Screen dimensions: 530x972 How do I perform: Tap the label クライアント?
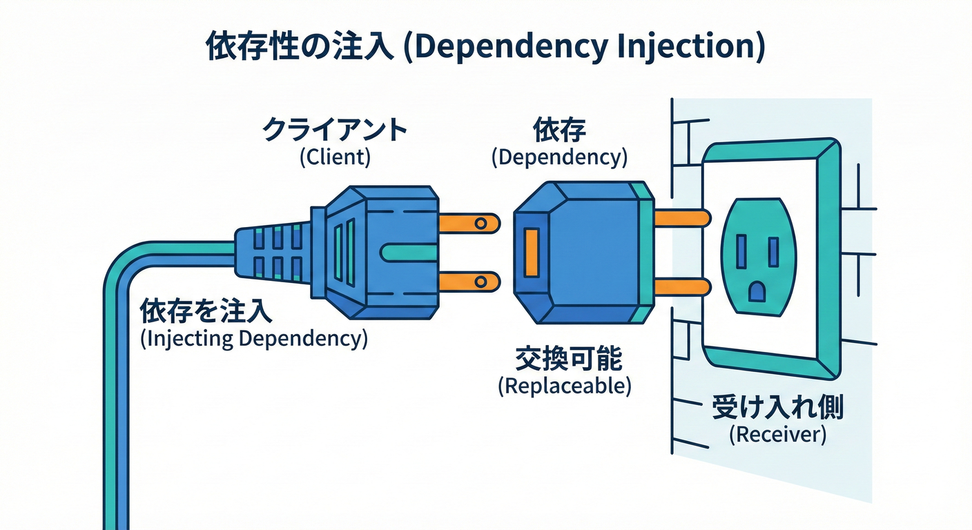point(335,129)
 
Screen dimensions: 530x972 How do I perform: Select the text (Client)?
point(335,157)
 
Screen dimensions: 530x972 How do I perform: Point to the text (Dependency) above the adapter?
point(559,157)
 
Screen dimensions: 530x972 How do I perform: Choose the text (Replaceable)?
point(565,386)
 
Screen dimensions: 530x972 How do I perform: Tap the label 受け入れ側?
point(777,409)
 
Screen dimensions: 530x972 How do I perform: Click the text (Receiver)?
point(777,435)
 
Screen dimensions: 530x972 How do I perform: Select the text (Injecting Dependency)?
point(253,339)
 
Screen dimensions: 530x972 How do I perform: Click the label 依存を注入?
point(206,312)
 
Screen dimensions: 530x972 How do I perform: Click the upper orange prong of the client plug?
point(469,222)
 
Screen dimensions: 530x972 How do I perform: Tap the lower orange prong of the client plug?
point(469,279)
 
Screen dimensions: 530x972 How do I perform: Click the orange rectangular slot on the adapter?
point(532,252)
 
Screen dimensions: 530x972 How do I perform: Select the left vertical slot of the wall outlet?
point(741,251)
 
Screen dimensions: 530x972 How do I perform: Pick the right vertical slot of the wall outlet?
point(774,251)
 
